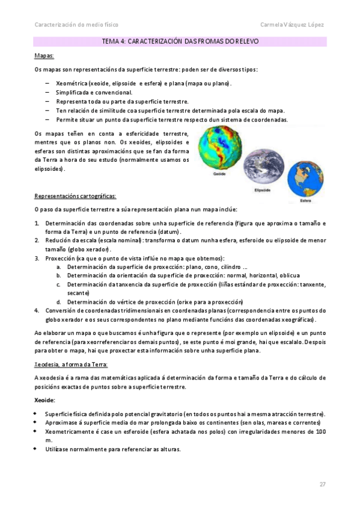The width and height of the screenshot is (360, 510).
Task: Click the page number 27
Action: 322,484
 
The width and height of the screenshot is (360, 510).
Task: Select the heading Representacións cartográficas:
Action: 76,196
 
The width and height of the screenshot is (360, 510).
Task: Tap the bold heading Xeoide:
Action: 45,400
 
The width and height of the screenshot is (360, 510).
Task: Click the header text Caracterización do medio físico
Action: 76,25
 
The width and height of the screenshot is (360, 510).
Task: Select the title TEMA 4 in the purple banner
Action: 181,41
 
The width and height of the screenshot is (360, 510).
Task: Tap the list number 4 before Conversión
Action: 37,310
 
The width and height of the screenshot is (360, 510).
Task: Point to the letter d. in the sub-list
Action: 59,301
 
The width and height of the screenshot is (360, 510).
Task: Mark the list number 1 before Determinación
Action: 37,223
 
